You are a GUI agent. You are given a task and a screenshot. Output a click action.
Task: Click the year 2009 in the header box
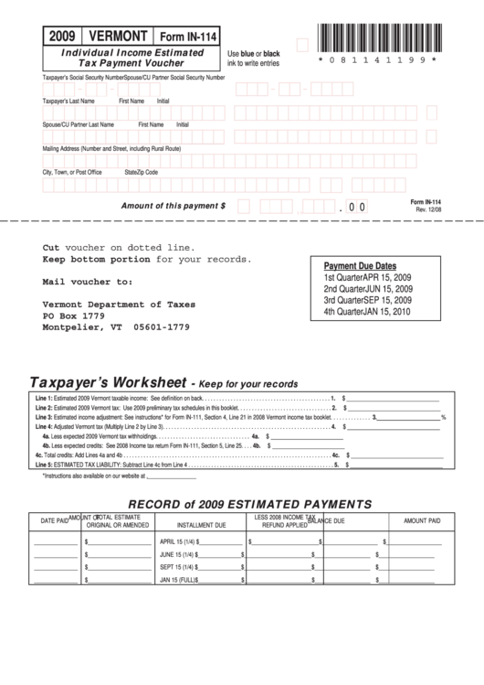(63, 36)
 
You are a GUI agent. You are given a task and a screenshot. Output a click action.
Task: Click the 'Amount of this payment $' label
(174, 206)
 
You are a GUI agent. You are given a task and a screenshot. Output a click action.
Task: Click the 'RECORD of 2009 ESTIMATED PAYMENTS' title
(248, 504)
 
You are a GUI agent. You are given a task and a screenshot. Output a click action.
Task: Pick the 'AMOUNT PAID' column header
(422, 520)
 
